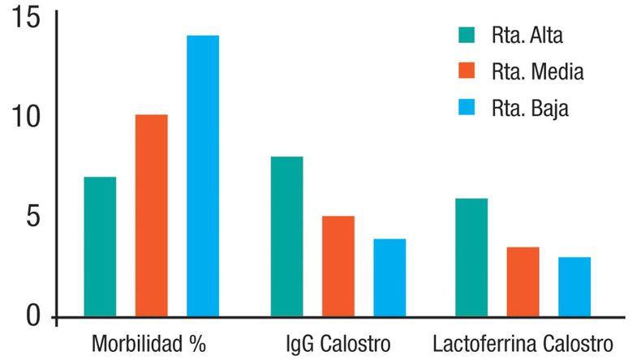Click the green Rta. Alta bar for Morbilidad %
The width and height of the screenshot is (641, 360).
100,246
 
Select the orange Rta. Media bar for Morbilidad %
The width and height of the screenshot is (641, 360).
151,215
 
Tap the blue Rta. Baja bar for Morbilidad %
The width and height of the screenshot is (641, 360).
203,175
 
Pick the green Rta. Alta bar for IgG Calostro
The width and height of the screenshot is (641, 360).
286,236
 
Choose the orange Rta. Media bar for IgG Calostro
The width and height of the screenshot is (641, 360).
338,266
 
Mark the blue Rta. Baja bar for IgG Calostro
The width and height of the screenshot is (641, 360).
389,277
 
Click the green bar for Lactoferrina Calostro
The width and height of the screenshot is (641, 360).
471,257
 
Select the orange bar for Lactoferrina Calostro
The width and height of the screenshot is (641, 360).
523,281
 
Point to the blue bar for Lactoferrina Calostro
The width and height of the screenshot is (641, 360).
574,286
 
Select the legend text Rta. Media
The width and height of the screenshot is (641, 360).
537,72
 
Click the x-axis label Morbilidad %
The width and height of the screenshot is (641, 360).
150,341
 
